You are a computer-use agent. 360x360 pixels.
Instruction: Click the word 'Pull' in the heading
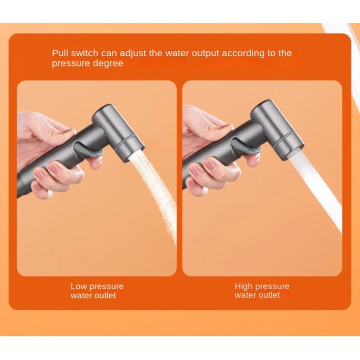pyautogui.click(x=60, y=53)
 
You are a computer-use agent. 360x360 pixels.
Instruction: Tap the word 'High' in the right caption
pyautogui.click(x=243, y=287)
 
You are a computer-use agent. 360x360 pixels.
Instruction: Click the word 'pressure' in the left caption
pyautogui.click(x=106, y=287)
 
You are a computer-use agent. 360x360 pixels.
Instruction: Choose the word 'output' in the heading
pyautogui.click(x=205, y=54)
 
